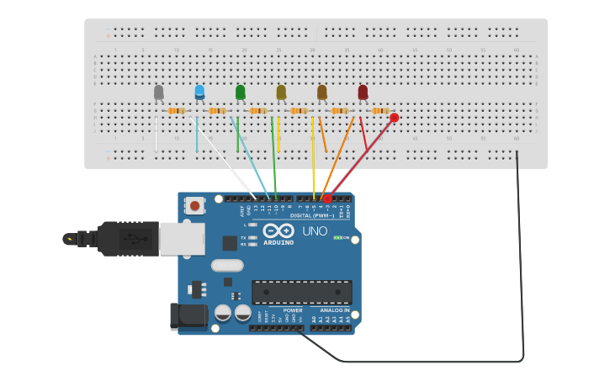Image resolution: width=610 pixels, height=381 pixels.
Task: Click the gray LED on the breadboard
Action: click(159, 93)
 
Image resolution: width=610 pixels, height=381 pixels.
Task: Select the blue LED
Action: click(199, 92)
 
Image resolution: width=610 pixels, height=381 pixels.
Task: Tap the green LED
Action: click(241, 92)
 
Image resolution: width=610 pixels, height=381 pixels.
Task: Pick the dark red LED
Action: click(363, 92)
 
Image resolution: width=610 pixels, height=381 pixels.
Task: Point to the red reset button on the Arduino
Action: click(195, 204)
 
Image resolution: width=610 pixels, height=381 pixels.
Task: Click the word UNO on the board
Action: click(315, 231)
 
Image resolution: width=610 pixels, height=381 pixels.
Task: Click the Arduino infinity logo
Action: click(278, 230)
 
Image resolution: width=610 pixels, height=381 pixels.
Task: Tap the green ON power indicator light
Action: click(338, 238)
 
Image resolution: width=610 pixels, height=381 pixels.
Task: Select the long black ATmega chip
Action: click(302, 292)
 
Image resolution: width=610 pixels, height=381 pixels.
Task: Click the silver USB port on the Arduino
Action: click(182, 238)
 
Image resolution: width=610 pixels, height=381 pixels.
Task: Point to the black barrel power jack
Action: click(188, 315)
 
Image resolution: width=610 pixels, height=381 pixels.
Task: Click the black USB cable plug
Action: click(126, 238)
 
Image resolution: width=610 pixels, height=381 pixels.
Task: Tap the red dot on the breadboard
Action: click(394, 118)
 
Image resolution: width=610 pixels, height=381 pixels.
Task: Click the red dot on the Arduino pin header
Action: click(327, 198)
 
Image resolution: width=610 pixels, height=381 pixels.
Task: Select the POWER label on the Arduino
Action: click(293, 310)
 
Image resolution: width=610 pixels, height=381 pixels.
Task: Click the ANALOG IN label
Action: click(335, 310)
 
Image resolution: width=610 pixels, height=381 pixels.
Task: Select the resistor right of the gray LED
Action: click(176, 111)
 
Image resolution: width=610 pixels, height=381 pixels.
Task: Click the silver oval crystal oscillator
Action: click(227, 265)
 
